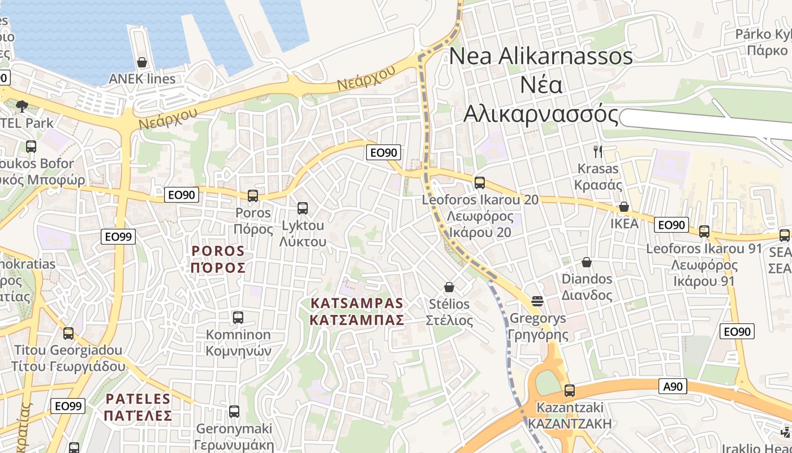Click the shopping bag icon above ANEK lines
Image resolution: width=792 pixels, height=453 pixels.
tap(142, 62)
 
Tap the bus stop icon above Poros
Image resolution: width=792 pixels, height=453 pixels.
tap(253, 196)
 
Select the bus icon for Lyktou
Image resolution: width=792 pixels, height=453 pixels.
tap(303, 208)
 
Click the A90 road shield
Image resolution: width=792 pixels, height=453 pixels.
tap(673, 387)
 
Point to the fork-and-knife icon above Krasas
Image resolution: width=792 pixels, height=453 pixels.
tap(598, 151)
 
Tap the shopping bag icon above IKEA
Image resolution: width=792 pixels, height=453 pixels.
tap(624, 207)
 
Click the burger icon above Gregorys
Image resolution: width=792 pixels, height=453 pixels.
tap(537, 301)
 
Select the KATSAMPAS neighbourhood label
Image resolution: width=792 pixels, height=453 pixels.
tap(358, 311)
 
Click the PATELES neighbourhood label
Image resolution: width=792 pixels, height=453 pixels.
tap(138, 407)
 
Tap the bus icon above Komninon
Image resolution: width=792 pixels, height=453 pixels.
tap(238, 318)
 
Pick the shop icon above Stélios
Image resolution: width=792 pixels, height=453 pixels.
tap(449, 287)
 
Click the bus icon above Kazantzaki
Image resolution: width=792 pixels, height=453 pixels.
tap(570, 391)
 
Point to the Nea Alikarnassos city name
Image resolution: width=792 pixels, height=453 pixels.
tap(541, 85)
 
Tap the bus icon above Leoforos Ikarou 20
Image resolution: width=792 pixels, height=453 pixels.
tap(480, 183)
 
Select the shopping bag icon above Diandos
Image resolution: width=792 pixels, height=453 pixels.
tap(587, 263)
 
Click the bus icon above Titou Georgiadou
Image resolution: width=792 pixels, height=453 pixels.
tap(68, 334)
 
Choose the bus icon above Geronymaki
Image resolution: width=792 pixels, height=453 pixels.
tap(234, 412)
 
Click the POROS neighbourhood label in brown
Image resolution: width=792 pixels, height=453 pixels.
tap(218, 259)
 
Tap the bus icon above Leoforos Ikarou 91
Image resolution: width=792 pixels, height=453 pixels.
tap(704, 232)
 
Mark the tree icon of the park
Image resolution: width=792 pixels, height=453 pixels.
tap(22, 105)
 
